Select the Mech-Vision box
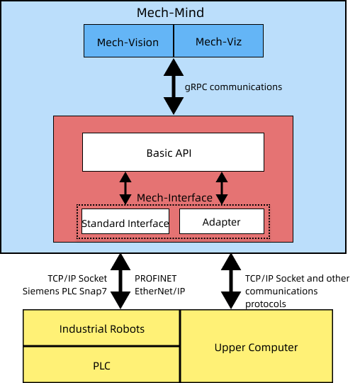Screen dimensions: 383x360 coord(128,41)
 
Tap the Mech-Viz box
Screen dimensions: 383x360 coord(218,41)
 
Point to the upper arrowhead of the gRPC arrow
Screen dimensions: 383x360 coord(173,67)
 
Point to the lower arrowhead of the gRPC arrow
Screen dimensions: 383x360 coord(173,107)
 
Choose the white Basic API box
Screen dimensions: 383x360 coord(173,152)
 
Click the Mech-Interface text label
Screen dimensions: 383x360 coord(174,198)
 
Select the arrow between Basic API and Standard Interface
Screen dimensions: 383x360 coord(125,188)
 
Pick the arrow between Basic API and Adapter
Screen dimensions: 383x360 coord(222,188)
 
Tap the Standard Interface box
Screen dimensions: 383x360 coord(125,223)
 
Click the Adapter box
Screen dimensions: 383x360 coord(221,222)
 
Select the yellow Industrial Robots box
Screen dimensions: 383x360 coord(102,328)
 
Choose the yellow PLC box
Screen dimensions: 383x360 coord(102,365)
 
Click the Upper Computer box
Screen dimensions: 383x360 coord(256,347)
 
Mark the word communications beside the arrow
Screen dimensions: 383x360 coord(250,87)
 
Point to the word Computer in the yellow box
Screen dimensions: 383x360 coord(274,348)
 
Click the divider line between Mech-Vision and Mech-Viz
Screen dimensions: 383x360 coord(174,41)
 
